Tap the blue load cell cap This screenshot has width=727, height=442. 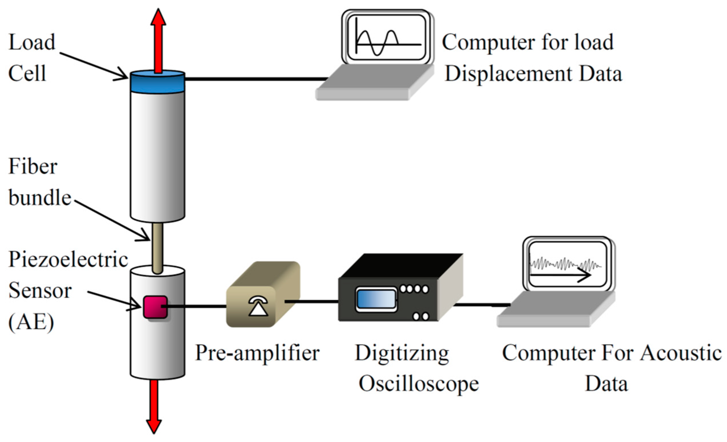(158, 83)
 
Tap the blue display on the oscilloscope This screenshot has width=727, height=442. (376, 299)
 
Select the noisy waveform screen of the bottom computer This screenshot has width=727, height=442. (568, 264)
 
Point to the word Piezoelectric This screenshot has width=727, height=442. (68, 260)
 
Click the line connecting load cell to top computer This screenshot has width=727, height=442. (255, 79)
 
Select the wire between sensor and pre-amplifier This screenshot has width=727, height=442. (196, 307)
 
